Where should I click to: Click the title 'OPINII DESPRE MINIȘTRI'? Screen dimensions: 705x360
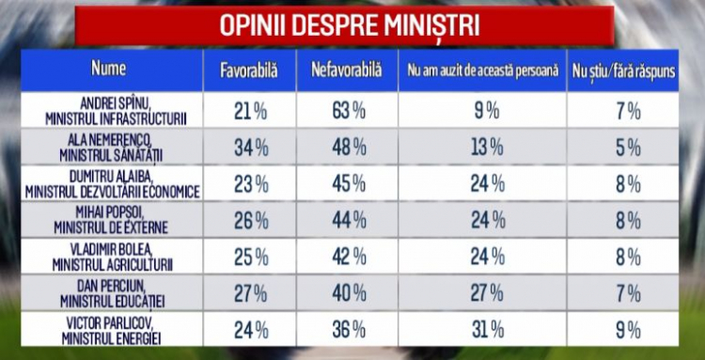[x=349, y=26]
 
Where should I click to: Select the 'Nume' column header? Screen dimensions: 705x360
[x=109, y=69]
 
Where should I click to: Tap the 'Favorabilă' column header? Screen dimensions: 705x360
[x=249, y=71]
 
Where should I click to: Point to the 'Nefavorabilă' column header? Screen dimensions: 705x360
[x=346, y=70]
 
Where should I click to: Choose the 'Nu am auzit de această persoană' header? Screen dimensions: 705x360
[x=483, y=71]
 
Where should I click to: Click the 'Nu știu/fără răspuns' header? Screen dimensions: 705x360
[x=623, y=72]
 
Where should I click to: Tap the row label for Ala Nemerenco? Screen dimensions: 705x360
[x=111, y=148]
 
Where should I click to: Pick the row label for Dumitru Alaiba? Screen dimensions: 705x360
[x=113, y=184]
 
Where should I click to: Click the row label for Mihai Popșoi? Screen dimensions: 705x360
[x=111, y=221]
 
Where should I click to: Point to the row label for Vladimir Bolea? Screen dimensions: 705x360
[x=113, y=258]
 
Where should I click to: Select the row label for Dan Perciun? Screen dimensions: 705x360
[x=113, y=294]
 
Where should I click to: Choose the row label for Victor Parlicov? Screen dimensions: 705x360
[x=112, y=330]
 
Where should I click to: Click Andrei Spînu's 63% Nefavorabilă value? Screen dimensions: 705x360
[x=349, y=112]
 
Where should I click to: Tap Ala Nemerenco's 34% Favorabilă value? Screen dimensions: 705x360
[x=251, y=149]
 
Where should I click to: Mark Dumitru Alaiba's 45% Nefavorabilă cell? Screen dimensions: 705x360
[x=349, y=184]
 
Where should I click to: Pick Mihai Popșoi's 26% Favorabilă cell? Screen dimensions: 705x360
[x=251, y=221]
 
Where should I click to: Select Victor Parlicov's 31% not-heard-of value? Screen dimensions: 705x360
[x=488, y=331]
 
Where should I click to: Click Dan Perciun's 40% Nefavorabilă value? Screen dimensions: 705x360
[x=349, y=294]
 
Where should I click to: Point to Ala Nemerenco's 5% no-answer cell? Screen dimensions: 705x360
[x=628, y=149]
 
